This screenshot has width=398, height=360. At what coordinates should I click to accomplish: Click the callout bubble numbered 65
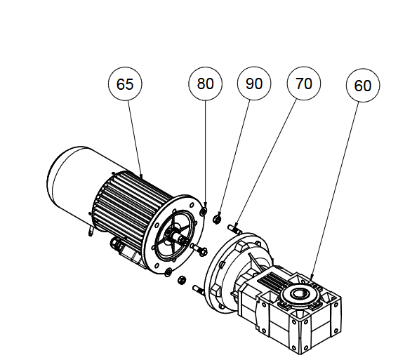click(x=125, y=84)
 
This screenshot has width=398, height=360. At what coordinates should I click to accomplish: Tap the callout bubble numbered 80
click(x=205, y=84)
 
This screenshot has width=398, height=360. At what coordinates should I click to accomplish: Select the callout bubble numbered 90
click(x=254, y=84)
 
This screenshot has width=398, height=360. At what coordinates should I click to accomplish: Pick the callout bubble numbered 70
click(x=304, y=84)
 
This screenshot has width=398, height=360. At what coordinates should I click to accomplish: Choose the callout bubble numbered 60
click(x=363, y=85)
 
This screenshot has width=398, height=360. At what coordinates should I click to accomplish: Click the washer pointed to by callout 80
click(x=204, y=211)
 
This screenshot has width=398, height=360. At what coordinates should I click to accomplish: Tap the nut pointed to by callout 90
click(x=217, y=219)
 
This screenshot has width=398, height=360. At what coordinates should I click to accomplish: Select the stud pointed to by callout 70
click(x=234, y=229)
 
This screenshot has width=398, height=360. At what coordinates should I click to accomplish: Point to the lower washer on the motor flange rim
click(x=168, y=272)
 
